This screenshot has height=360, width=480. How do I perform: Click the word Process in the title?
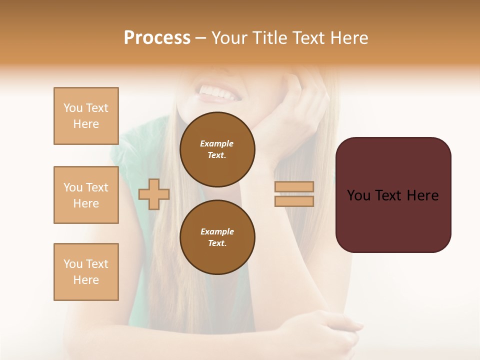157,38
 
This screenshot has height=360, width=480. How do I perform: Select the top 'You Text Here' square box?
86,116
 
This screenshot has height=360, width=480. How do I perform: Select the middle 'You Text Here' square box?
86,195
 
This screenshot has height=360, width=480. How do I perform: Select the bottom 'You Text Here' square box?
86,272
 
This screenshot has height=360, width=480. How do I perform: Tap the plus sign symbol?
154,194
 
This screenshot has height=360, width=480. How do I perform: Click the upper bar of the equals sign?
294,187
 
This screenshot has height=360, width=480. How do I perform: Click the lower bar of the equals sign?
294,201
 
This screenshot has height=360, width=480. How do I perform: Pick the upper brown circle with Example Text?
217,149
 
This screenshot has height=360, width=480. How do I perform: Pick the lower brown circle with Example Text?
217,237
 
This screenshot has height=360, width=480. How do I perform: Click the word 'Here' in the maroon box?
422,195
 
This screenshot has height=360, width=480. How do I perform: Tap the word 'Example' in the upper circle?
217,144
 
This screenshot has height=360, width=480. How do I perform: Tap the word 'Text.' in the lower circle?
217,243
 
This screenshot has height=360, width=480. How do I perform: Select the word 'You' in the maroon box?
358,195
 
